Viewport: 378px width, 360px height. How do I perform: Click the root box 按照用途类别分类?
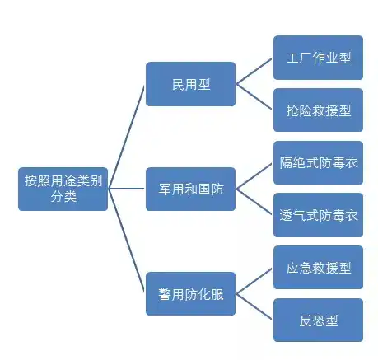[63, 189]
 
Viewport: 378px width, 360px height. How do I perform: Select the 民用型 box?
[190, 84]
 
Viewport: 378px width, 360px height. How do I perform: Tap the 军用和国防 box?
[190, 189]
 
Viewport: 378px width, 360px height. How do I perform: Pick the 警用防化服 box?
[190, 294]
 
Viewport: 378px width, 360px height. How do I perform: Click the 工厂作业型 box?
[318, 58]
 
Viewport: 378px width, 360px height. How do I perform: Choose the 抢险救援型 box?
[318, 110]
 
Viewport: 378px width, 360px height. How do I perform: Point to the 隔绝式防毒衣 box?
[318, 162]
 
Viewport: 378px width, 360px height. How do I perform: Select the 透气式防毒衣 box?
[318, 215]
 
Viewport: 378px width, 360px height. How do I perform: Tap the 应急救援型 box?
[318, 268]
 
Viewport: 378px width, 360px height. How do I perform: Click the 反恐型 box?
[318, 320]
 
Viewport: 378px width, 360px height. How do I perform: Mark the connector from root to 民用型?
[126, 137]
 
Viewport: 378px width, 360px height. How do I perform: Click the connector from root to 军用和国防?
[126, 189]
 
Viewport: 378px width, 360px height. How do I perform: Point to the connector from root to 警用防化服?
[126, 241]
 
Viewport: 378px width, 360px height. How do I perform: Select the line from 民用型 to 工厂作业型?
[254, 71]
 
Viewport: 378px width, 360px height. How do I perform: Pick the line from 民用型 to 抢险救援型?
[254, 97]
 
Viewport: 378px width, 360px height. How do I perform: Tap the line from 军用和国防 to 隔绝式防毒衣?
[254, 176]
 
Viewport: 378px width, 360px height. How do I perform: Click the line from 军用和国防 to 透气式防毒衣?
[254, 202]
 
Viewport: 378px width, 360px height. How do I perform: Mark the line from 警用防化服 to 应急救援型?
[254, 281]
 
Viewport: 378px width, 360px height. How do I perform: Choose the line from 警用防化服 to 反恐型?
[254, 306]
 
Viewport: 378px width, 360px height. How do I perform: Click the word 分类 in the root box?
[63, 197]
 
